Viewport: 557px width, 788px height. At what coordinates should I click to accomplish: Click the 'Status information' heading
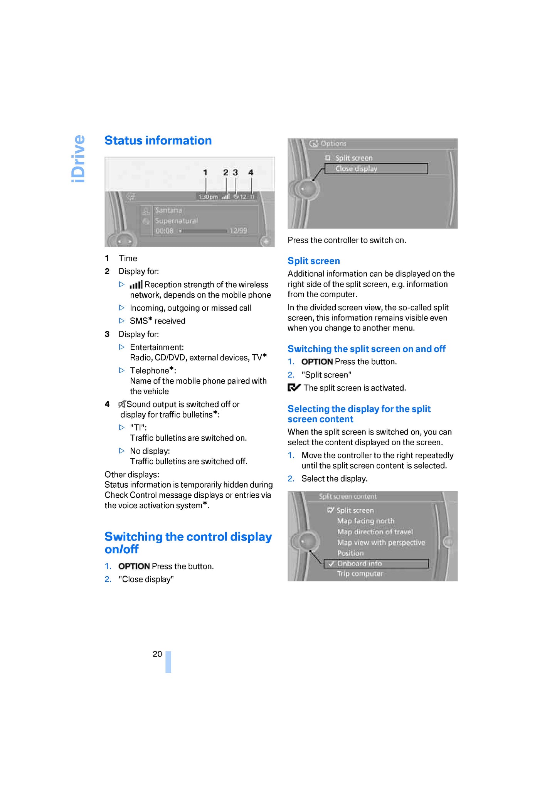coord(158,141)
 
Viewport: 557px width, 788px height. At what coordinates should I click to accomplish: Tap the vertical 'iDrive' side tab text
coord(79,158)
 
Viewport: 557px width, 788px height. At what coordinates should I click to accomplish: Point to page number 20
coord(157,654)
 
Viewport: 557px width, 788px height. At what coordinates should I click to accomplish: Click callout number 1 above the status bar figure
coord(205,172)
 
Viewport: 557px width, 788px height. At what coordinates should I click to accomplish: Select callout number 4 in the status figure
coord(251,172)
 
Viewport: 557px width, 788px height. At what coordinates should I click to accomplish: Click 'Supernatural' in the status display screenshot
coord(177,221)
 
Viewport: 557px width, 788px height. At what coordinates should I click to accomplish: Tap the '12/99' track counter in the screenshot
coord(238,231)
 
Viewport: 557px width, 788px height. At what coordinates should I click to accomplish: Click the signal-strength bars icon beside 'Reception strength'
coord(136,285)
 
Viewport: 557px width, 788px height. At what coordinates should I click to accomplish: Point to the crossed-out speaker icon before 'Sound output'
coord(122,404)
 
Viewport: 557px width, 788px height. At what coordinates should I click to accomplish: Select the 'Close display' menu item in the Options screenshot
coord(356,169)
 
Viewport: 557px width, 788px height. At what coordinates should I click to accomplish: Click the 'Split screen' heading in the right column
coord(314,261)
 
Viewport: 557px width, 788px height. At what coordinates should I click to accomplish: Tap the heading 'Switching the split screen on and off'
coord(366,349)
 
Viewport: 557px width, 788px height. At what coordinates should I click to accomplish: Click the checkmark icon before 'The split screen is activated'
coord(294,388)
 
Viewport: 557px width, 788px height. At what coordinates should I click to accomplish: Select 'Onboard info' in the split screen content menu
coord(359,564)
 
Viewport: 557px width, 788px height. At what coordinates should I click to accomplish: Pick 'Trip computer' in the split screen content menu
coord(360,574)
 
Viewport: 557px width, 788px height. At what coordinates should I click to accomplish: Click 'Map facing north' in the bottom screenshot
coord(365,521)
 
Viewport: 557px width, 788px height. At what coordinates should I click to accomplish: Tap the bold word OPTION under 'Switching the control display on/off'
coord(134,566)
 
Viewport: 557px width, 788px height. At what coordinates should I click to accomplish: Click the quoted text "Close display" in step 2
coord(146,579)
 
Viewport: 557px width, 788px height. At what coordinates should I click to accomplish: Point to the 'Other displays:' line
coord(132,475)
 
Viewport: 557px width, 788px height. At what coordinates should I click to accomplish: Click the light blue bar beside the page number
coord(168,662)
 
